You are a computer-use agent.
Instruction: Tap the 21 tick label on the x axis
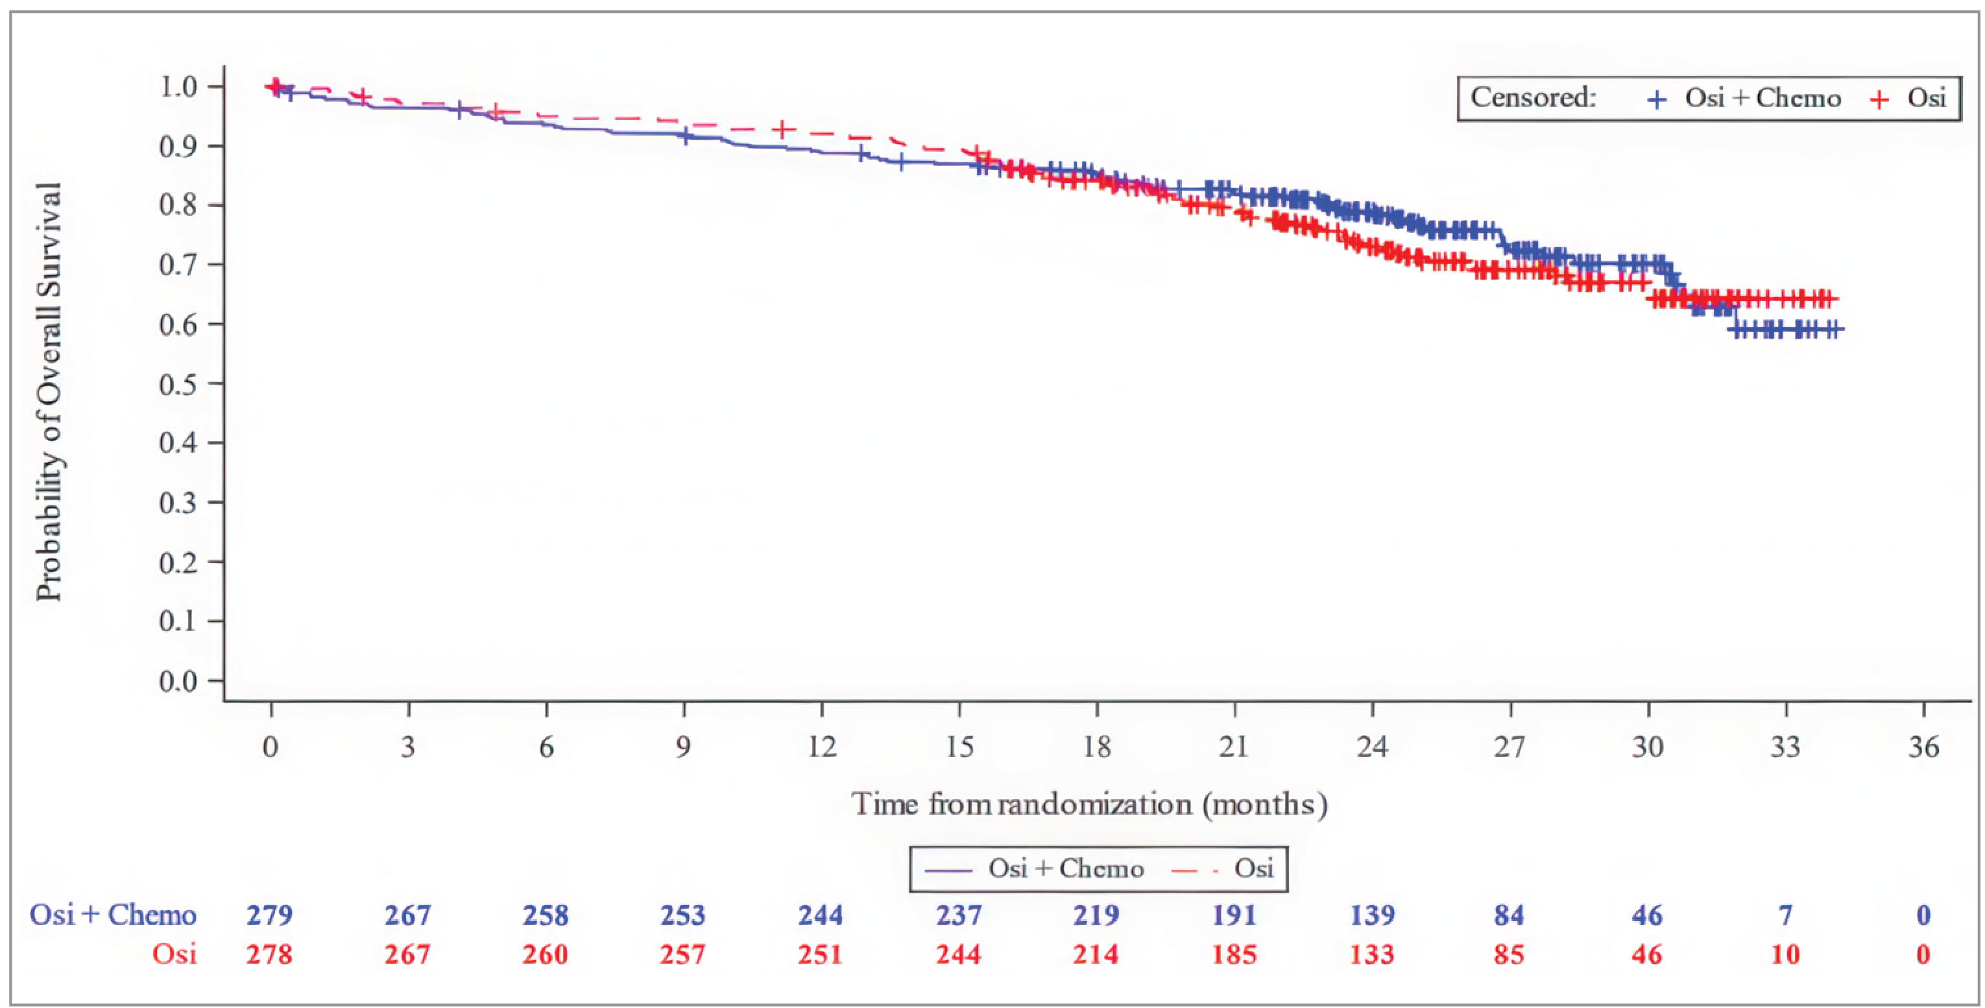tap(1234, 746)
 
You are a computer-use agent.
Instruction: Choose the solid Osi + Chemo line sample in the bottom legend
tap(948, 870)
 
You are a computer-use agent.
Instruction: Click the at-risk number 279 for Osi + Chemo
tap(270, 915)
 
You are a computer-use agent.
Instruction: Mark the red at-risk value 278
tap(270, 955)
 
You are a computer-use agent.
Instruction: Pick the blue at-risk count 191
tap(1234, 915)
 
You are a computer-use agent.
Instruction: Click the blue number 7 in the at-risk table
tap(1785, 915)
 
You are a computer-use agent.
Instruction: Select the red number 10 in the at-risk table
tap(1785, 955)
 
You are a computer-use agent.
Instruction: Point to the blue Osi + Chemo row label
tap(112, 915)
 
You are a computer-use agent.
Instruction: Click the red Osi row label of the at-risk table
tap(174, 955)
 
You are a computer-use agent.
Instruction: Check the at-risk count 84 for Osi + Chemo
tap(1509, 915)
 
